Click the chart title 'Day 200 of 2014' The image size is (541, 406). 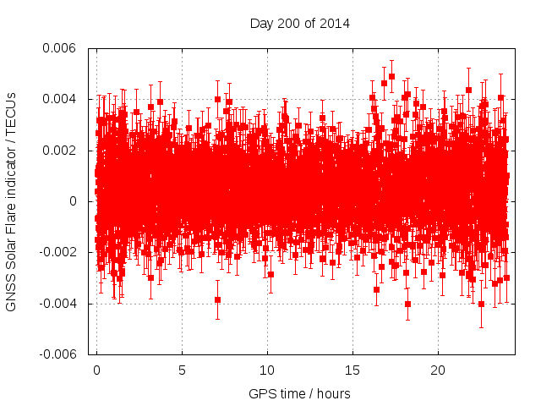pyautogui.click(x=300, y=23)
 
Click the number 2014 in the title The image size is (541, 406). pyautogui.click(x=335, y=23)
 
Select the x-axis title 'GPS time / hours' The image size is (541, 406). pyautogui.click(x=299, y=394)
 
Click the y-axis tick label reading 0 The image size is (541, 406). pyautogui.click(x=74, y=201)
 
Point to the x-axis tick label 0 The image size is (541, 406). pyautogui.click(x=96, y=370)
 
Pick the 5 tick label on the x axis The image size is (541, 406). pyautogui.click(x=182, y=370)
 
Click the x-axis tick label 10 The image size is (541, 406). pyautogui.click(x=267, y=370)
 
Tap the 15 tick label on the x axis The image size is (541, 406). pyautogui.click(x=352, y=370)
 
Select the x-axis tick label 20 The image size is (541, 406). pyautogui.click(x=438, y=370)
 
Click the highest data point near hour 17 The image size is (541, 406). pyautogui.click(x=391, y=76)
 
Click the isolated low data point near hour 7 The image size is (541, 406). pyautogui.click(x=217, y=300)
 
